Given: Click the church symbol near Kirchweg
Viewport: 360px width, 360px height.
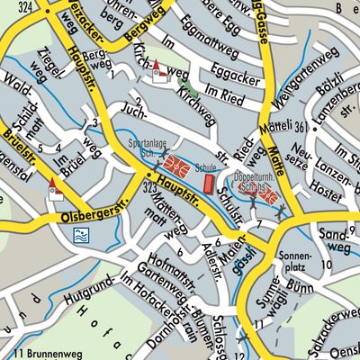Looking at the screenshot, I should click(159, 73).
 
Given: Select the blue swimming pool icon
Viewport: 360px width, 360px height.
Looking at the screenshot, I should click(80, 236).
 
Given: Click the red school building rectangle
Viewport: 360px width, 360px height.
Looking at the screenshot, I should click(209, 183).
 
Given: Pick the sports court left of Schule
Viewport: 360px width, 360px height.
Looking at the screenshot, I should click(177, 166).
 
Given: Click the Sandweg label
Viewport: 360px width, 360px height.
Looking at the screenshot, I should click(335, 238).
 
